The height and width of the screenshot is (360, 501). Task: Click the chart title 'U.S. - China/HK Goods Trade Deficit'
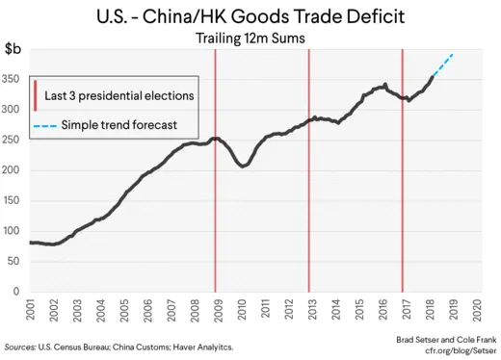[x=250, y=16]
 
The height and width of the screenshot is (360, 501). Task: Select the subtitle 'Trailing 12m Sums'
[x=250, y=39]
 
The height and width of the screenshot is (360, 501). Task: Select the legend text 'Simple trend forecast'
[x=118, y=125]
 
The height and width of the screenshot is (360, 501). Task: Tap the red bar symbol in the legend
[x=37, y=96]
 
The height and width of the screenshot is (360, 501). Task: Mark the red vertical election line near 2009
[x=215, y=193]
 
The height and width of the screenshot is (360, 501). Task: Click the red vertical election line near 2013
[x=308, y=193]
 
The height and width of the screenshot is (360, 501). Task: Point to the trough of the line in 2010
[x=242, y=167]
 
